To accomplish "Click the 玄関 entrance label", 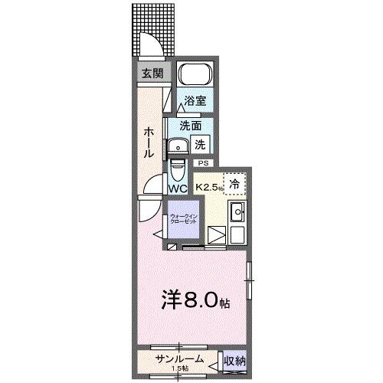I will coord(152,74).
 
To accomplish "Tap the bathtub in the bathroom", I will coord(195,76).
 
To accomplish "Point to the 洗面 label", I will coord(191,126).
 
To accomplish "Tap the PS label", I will coord(203,163).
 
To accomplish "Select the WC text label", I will coord(178,188).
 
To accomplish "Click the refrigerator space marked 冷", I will coord(234,183).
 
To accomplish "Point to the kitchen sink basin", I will coord(237,211).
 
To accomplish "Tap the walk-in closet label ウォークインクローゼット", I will coord(183,218).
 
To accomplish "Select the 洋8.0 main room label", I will coord(195,300).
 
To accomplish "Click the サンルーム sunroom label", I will coord(178,357).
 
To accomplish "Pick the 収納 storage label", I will coord(235,360).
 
